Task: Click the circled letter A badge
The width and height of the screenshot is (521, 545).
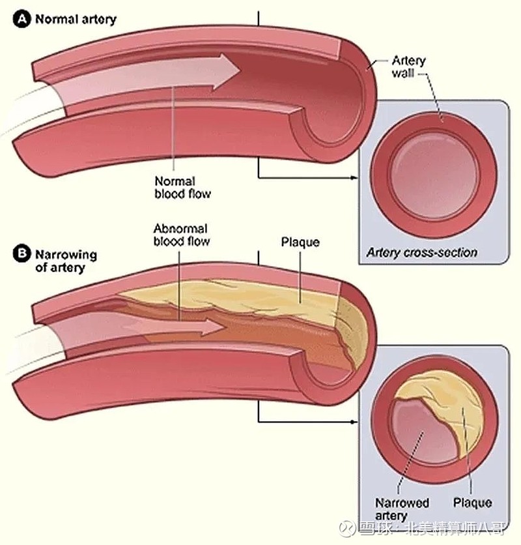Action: click(21, 19)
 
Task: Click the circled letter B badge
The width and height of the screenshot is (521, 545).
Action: click(21, 254)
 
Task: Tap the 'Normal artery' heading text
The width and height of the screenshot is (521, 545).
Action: click(76, 20)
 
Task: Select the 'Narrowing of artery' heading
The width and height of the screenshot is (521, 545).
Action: click(66, 261)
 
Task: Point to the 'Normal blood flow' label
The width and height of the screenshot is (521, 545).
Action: click(183, 187)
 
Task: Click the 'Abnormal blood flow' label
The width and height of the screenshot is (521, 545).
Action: click(181, 235)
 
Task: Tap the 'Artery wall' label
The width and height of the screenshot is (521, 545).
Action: click(408, 66)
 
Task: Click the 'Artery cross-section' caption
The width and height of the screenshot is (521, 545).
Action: click(421, 252)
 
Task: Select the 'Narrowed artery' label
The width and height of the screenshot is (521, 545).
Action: click(402, 509)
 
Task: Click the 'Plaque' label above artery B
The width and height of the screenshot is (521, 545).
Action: click(300, 242)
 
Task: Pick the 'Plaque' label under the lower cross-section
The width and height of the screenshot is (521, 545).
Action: click(472, 503)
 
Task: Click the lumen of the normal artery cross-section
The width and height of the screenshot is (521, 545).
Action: click(434, 175)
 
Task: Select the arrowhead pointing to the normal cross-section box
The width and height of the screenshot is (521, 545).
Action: click(354, 177)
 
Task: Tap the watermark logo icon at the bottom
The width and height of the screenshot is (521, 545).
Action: click(347, 528)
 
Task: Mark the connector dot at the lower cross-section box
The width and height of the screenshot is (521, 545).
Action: click(352, 422)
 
